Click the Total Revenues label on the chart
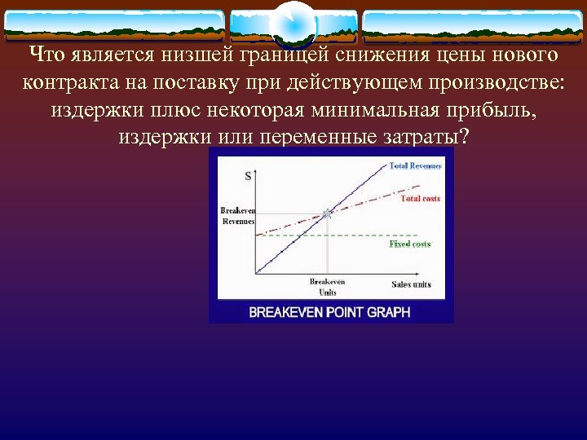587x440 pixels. pyautogui.click(x=415, y=165)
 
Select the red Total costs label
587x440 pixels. pyautogui.click(x=420, y=199)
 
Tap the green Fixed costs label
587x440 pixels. pyautogui.click(x=409, y=244)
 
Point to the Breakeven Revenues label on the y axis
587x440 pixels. pyautogui.click(x=237, y=216)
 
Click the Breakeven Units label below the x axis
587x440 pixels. pyautogui.click(x=327, y=286)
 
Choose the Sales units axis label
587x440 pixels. pyautogui.click(x=411, y=284)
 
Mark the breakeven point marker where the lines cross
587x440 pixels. pyautogui.click(x=327, y=213)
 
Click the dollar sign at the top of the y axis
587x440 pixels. pyautogui.click(x=248, y=175)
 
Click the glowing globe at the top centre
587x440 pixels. pyautogui.click(x=293, y=24)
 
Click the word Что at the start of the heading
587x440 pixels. pyautogui.click(x=44, y=55)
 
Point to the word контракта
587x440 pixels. pyautogui.click(x=64, y=82)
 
